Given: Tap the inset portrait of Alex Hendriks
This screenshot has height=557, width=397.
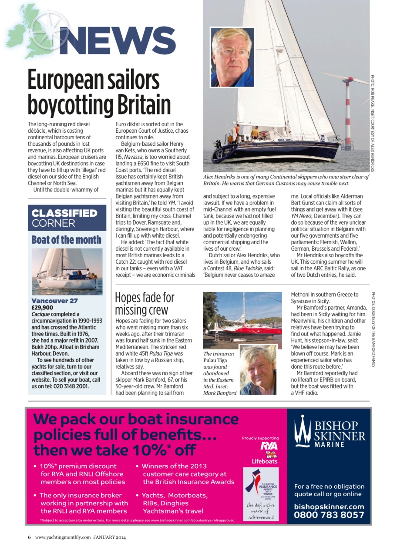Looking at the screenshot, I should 232,57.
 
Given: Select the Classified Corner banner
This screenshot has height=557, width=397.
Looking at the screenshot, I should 67,218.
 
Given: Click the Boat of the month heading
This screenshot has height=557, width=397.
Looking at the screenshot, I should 67,240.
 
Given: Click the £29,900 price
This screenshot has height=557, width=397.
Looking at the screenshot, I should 43,307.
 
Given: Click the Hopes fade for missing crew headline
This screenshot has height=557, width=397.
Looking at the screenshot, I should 144,303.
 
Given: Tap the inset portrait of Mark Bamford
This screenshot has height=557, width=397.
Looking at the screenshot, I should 258,370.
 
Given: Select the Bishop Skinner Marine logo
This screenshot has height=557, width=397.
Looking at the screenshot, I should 329,432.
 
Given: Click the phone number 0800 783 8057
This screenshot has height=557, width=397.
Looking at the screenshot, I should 329,515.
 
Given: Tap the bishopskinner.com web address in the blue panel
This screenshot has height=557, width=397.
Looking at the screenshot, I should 329,506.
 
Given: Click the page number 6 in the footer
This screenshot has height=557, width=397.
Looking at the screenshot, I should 30,537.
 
